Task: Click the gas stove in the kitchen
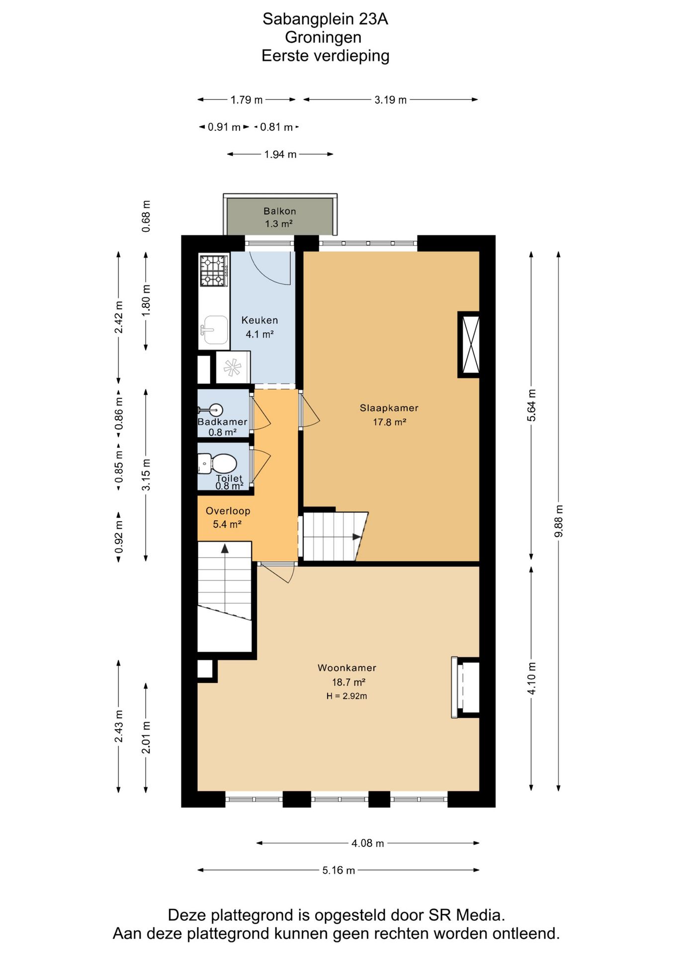pos(214,271)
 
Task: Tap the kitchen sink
pos(214,330)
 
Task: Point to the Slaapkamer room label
pos(389,408)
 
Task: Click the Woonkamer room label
pos(347,668)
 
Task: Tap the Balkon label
pos(280,211)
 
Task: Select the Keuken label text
pos(259,320)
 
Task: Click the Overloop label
pos(228,511)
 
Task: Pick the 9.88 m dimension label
pos(559,521)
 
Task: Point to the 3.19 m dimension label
pos(391,99)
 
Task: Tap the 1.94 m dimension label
pos(280,154)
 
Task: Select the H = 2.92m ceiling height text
pos(347,696)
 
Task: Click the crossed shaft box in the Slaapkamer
pos(469,344)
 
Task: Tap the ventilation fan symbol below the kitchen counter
pos(232,368)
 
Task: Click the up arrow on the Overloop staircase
pos(225,549)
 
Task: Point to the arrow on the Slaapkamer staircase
pos(357,537)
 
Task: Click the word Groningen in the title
pos(323,37)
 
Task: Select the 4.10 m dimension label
pos(531,678)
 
